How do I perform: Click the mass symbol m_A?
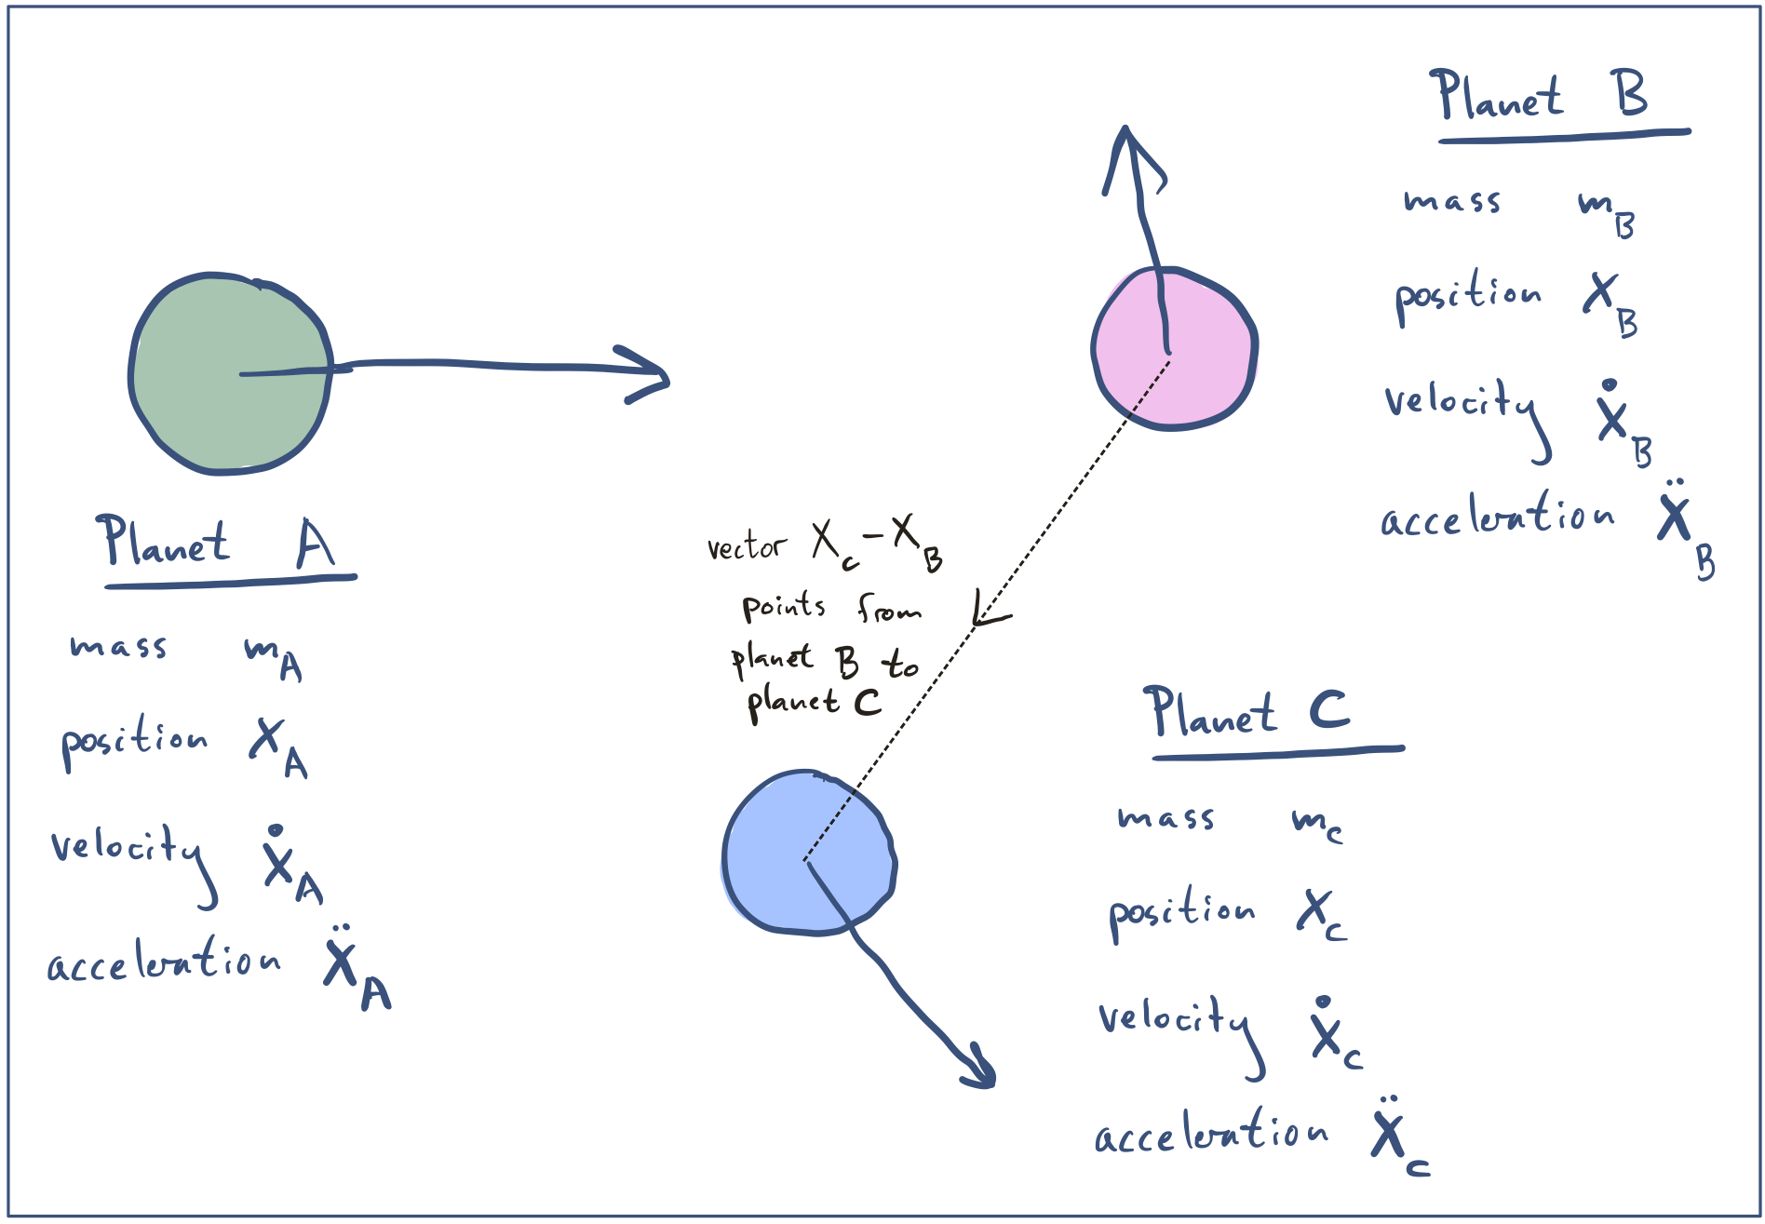(x=273, y=655)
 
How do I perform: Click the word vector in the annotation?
(x=747, y=546)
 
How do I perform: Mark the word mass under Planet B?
(x=1451, y=200)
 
